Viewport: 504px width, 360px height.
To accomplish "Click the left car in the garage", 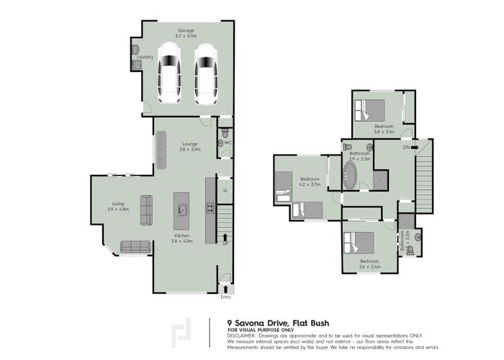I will click(170, 73).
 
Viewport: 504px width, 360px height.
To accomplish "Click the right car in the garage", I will click(206, 73).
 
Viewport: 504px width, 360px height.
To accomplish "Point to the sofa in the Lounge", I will click(161, 147).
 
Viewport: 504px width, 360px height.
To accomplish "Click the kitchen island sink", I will click(183, 211).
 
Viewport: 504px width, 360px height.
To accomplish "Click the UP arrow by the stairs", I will click(225, 238).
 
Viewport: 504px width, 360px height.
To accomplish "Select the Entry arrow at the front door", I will click(225, 289).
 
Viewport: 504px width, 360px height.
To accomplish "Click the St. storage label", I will click(225, 191).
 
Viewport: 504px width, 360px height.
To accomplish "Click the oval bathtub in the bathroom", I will click(350, 176).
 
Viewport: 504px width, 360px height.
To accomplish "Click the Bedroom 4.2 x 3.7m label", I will click(310, 181).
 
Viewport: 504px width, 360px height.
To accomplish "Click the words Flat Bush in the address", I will click(308, 323).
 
